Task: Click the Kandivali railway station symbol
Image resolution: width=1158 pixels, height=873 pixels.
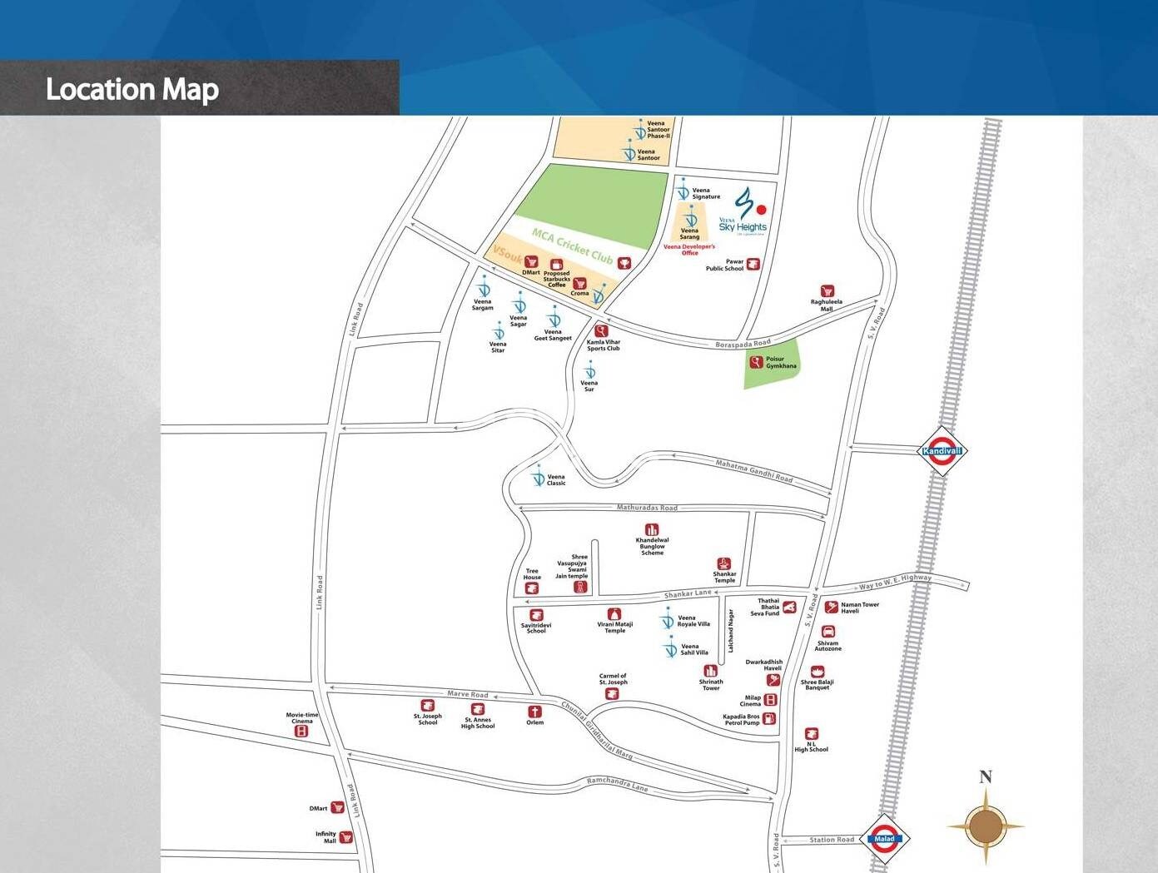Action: [942, 451]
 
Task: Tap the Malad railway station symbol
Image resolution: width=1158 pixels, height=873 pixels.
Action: [884, 838]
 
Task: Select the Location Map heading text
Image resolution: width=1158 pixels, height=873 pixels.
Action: [132, 89]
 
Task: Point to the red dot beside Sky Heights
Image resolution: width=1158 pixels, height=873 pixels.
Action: [761, 210]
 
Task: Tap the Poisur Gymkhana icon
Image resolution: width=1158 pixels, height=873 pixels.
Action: [756, 362]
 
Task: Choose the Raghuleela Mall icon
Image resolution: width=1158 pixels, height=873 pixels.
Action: [827, 291]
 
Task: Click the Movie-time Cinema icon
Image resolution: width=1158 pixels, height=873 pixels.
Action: [301, 731]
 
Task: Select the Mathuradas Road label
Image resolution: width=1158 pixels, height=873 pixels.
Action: [647, 508]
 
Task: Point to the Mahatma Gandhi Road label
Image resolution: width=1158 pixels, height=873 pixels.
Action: [754, 470]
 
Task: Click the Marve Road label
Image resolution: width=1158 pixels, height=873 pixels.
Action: [468, 694]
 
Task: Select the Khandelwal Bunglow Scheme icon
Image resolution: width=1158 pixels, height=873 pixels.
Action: [652, 529]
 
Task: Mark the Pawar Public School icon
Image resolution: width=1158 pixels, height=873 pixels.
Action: [753, 265]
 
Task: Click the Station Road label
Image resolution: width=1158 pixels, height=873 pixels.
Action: [832, 840]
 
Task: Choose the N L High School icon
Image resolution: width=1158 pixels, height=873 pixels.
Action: [812, 733]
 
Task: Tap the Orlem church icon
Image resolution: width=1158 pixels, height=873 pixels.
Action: [534, 712]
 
